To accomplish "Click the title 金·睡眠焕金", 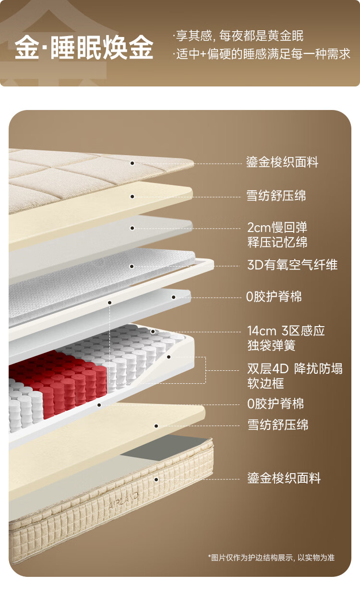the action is coord(84,48).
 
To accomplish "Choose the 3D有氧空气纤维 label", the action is coord(292,265).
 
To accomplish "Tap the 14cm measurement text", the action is coord(262,330).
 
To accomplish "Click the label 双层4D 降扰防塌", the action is coord(295,369).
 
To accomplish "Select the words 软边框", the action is coord(265,383).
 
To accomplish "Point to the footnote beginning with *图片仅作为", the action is coord(271,557).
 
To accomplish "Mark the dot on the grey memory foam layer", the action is coord(132,228).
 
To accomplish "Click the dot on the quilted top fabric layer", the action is coord(132,163).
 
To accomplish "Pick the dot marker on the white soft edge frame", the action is coord(169,357).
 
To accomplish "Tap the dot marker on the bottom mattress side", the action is coord(156,479).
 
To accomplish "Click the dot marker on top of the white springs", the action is coord(153,331).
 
